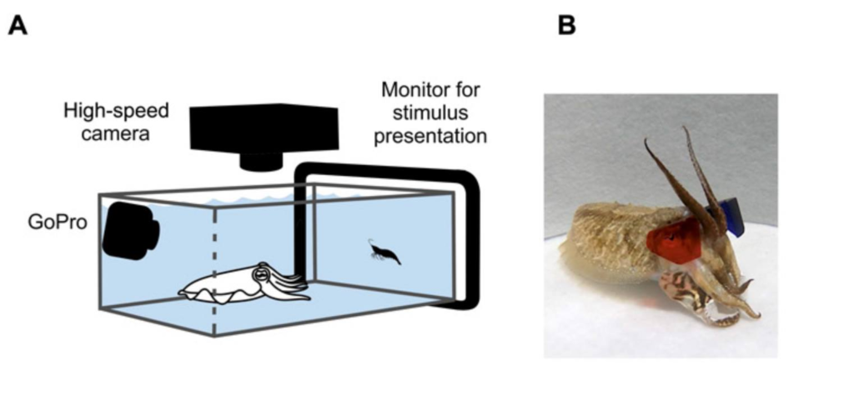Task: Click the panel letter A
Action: pos(18,25)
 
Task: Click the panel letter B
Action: pos(567,25)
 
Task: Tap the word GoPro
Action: pos(58,222)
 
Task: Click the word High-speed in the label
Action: pos(116,111)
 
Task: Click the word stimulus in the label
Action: pos(430,113)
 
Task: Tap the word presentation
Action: pos(430,136)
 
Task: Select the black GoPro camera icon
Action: pos(131,230)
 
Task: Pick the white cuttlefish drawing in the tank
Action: pos(244,283)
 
